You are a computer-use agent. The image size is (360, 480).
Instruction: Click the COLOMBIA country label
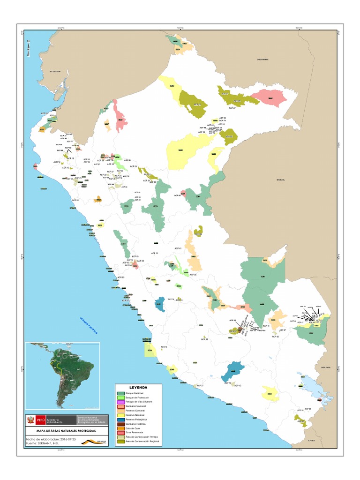[262, 60]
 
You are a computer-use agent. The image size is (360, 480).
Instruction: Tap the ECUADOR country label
[55, 71]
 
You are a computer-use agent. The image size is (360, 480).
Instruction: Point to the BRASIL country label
[281, 180]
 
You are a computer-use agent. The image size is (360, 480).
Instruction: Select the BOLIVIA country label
[326, 367]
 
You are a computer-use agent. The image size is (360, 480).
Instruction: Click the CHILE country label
[310, 441]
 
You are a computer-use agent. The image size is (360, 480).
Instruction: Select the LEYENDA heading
[138, 388]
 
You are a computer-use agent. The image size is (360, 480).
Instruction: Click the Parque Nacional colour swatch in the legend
[121, 393]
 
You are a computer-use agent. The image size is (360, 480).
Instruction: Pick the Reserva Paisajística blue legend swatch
[121, 419]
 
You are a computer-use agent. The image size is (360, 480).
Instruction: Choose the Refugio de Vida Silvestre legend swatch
[121, 402]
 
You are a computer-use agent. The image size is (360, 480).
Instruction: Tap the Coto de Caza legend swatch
[121, 428]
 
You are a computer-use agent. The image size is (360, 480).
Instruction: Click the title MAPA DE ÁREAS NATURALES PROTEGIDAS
[66, 430]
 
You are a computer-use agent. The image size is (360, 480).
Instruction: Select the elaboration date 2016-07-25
[70, 438]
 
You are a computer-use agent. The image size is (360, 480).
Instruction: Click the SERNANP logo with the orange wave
[99, 441]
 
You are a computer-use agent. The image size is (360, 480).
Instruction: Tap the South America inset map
[62, 375]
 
